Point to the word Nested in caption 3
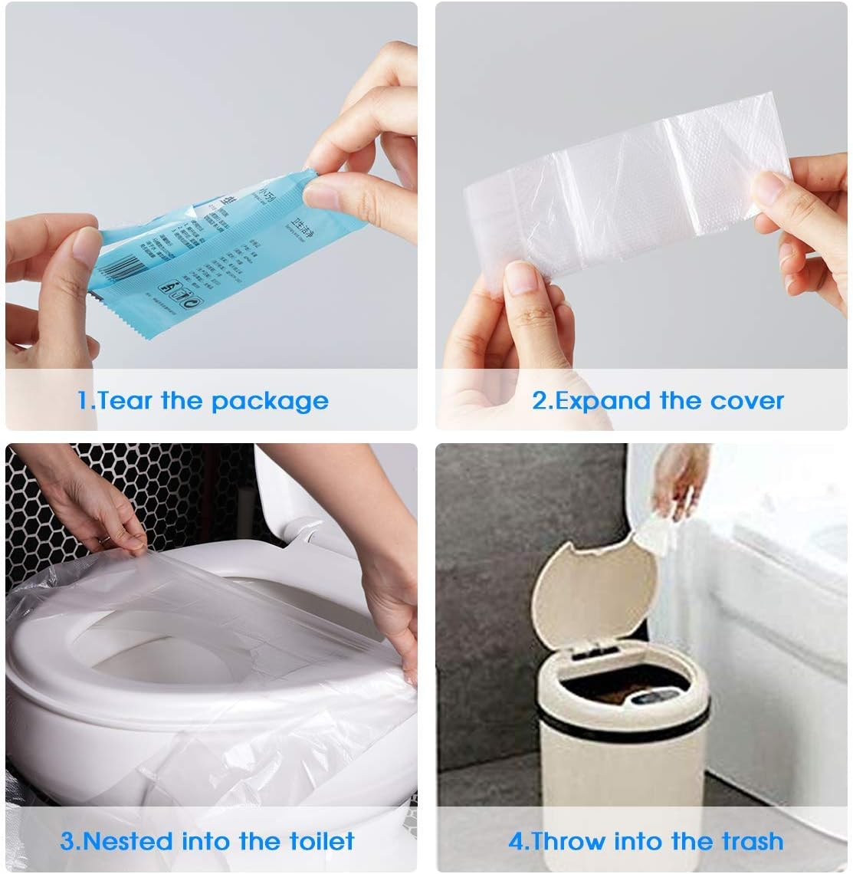click(x=127, y=841)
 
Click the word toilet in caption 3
click(x=316, y=841)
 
